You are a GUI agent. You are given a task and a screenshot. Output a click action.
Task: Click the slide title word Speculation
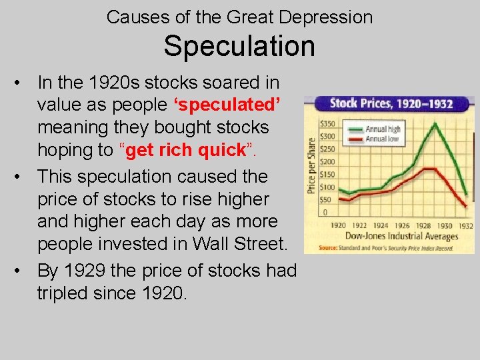(x=239, y=46)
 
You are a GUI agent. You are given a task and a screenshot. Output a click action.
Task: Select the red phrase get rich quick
(x=186, y=150)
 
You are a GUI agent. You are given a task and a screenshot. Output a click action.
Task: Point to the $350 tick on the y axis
(x=327, y=124)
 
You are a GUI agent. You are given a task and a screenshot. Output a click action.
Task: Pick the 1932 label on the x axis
(x=465, y=225)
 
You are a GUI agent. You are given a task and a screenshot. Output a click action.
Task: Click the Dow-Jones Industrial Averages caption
(x=402, y=237)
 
